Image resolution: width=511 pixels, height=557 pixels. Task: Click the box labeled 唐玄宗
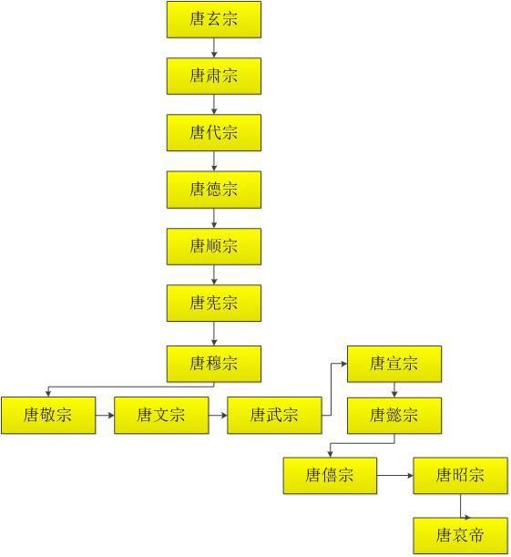tap(214, 19)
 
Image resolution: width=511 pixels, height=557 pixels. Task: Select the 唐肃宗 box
tap(214, 76)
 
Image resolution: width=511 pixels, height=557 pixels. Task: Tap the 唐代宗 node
tap(214, 132)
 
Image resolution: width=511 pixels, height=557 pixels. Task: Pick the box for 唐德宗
tap(214, 189)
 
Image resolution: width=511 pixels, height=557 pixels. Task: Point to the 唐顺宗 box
tap(214, 246)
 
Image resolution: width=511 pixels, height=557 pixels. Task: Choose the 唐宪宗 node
tap(214, 303)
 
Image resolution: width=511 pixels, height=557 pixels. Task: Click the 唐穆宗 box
tap(214, 364)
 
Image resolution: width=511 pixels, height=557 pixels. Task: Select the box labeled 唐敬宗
tap(48, 416)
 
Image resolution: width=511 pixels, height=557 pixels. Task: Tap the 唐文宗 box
tap(161, 416)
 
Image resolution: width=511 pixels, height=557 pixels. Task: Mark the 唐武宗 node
tap(274, 416)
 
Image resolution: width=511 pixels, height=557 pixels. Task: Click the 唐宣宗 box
tap(394, 364)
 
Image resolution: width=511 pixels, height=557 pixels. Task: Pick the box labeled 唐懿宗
tap(394, 416)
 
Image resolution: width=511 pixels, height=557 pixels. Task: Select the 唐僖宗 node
tap(330, 475)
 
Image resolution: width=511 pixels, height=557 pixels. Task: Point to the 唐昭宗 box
tap(460, 475)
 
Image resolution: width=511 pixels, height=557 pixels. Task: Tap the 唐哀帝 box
tap(460, 535)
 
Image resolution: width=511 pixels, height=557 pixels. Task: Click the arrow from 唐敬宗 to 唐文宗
tap(105, 416)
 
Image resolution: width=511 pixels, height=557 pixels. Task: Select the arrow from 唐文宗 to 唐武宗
tap(218, 416)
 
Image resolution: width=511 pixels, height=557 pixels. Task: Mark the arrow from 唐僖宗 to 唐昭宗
tap(395, 475)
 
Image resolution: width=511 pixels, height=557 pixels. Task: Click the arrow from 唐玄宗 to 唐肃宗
tap(214, 47)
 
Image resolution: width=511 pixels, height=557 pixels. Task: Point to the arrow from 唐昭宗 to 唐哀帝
tap(460, 505)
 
